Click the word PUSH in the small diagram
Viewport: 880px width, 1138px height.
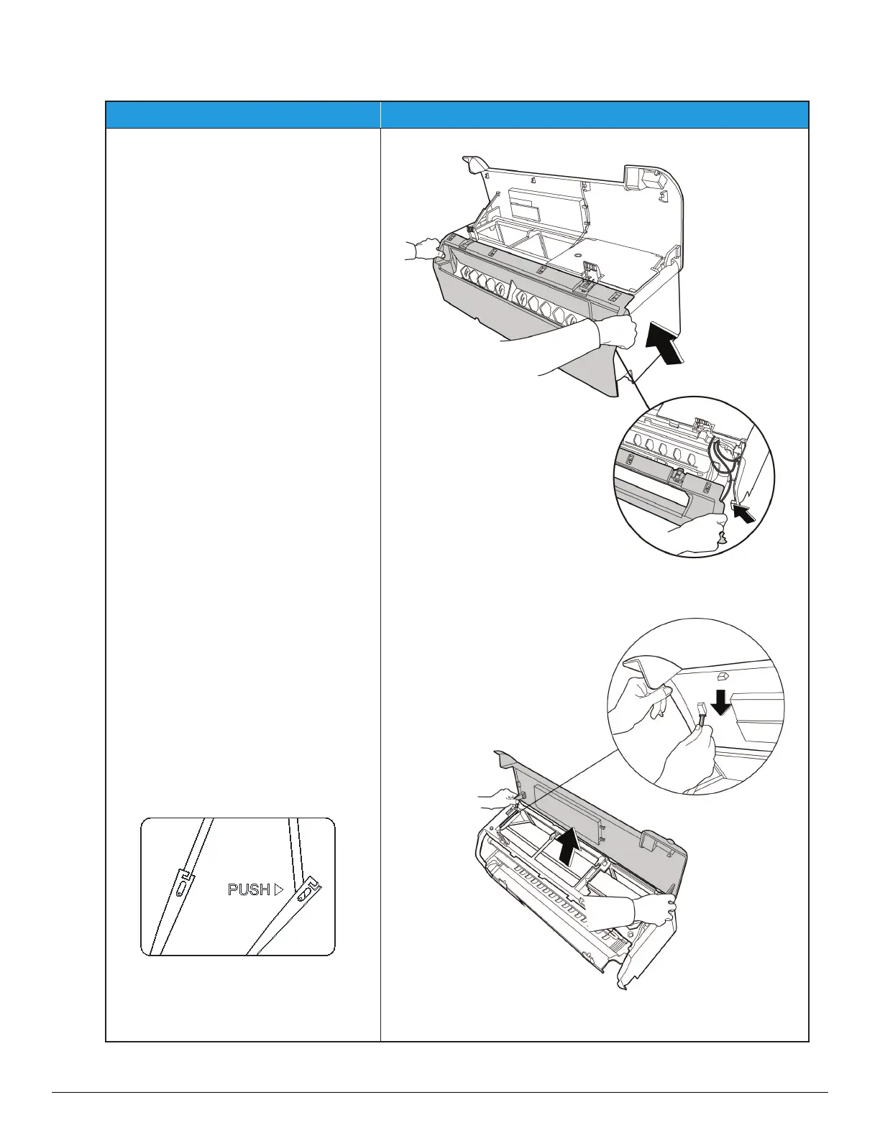coord(249,889)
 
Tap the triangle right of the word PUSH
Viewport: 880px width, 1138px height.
coord(279,889)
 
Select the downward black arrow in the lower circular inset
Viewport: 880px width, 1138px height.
coord(722,708)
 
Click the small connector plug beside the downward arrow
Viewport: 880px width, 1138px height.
coord(702,713)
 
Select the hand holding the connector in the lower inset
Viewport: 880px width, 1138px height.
coord(687,754)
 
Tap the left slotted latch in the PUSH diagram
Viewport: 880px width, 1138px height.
coord(183,882)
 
